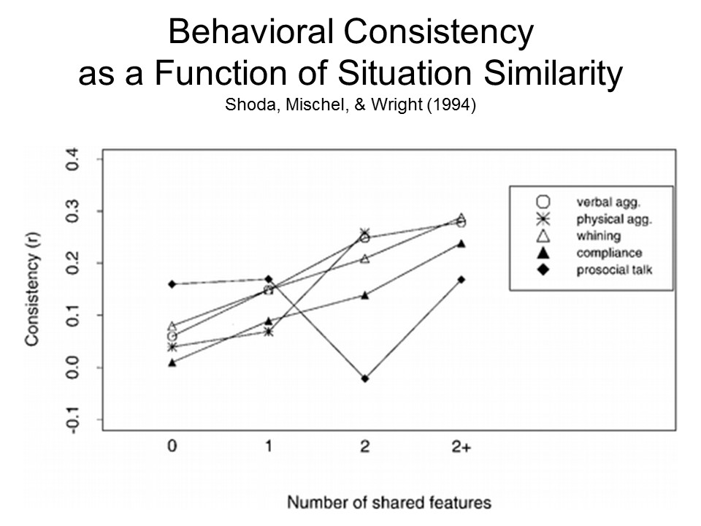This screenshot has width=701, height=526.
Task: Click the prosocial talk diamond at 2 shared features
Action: pos(364,378)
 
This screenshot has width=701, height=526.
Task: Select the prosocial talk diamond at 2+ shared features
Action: pos(461,279)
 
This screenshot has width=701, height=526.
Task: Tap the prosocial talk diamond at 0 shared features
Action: pos(172,284)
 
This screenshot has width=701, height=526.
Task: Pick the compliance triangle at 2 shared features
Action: pos(364,295)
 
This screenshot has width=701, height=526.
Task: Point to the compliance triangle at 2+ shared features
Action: pos(461,243)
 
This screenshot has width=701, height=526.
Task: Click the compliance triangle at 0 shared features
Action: pos(172,362)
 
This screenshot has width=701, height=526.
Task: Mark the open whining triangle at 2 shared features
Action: pos(364,259)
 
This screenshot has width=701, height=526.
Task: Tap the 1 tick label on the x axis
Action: pos(268,448)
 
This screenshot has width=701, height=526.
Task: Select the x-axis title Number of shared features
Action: pos(388,503)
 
